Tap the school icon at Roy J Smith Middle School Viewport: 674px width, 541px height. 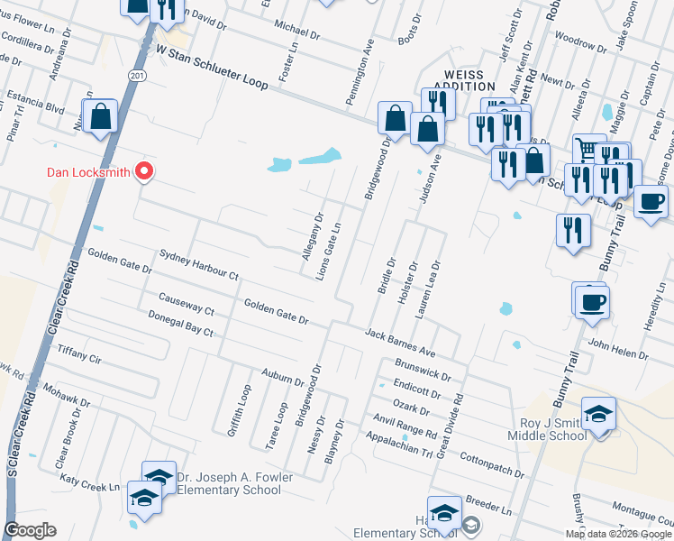(598, 415)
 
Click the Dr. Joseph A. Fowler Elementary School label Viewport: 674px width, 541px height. (228, 483)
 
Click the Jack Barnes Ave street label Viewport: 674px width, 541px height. (400, 341)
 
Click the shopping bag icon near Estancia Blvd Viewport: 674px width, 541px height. (100, 116)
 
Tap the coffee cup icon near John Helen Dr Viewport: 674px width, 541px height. (591, 301)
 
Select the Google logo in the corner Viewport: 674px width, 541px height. (31, 530)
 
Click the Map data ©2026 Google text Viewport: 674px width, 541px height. (617, 534)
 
